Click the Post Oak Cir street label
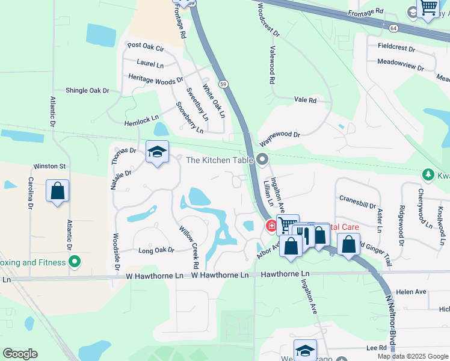click(x=146, y=46)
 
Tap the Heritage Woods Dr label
click(x=155, y=78)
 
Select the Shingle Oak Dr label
click(x=87, y=90)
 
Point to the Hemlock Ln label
click(x=141, y=121)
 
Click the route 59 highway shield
click(x=223, y=84)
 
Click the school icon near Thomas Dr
click(x=157, y=152)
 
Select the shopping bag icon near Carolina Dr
click(x=57, y=191)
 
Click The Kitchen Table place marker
click(x=262, y=159)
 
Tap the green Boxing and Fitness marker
click(x=75, y=262)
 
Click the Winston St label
click(x=49, y=166)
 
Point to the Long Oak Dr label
click(x=156, y=250)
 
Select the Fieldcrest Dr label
click(x=396, y=47)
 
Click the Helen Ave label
click(x=411, y=292)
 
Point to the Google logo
click(x=20, y=354)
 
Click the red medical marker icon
click(x=271, y=226)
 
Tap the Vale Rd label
click(x=305, y=100)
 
